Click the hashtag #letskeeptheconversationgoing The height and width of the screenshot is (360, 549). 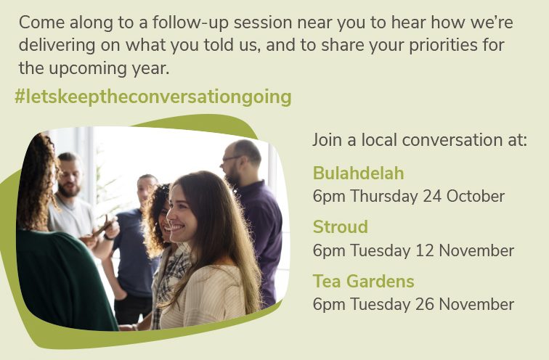[153, 97]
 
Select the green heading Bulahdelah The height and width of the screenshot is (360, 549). [359, 173]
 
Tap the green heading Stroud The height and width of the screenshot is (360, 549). [341, 226]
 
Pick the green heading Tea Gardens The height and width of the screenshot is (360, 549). [363, 281]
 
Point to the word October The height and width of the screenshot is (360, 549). [476, 196]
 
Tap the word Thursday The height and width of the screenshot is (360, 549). [384, 196]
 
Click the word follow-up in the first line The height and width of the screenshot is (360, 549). [190, 22]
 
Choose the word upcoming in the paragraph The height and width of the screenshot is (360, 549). [88, 68]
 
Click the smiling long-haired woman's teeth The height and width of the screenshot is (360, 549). [177, 228]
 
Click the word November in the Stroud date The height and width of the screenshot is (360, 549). [476, 250]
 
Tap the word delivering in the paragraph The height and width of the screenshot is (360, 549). [57, 46]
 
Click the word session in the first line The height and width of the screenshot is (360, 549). [263, 22]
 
